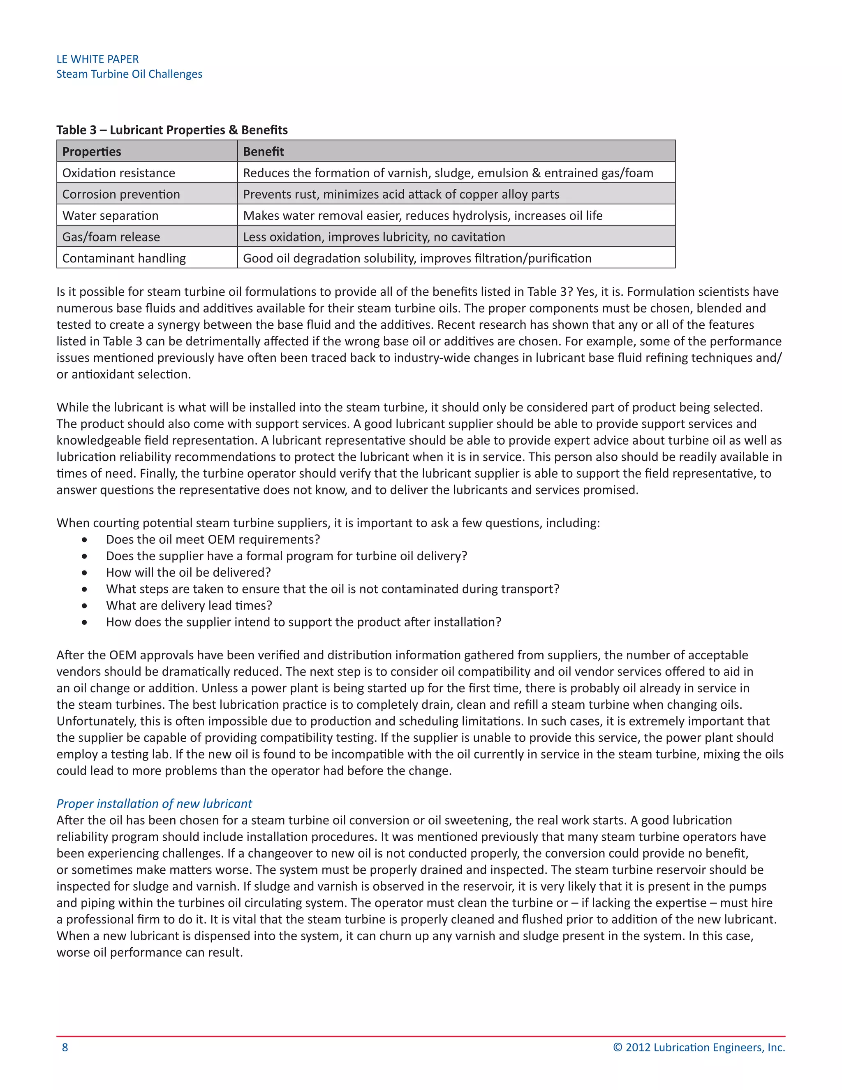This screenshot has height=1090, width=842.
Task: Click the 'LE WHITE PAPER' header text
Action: tap(97, 59)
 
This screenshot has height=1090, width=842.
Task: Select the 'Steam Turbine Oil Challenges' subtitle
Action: tap(129, 74)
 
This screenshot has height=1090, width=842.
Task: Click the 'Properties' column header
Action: tap(92, 151)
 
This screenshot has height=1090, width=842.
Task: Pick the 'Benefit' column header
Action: tap(264, 151)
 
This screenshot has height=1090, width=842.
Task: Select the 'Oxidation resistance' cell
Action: tap(119, 173)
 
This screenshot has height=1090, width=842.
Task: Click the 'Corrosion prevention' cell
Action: tap(121, 194)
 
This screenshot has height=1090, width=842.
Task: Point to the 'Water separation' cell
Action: tap(110, 216)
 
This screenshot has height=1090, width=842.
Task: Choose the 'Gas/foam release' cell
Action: tap(111, 237)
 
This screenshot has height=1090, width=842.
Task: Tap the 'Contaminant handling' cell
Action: tap(124, 258)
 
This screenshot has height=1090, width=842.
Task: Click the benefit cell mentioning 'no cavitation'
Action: tap(374, 237)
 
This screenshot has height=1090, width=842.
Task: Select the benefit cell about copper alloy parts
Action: tap(401, 194)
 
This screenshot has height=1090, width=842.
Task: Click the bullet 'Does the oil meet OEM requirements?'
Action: tap(213, 540)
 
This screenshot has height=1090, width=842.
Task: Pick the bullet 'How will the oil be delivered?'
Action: tap(188, 573)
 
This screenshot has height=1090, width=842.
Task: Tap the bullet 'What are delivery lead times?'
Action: tap(189, 605)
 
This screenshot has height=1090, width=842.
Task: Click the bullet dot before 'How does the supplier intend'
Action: tap(84, 622)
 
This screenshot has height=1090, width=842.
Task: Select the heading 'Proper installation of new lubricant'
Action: tap(154, 804)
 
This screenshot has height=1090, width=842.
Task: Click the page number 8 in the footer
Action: tap(65, 1048)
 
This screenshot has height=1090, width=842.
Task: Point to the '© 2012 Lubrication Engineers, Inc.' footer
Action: tap(699, 1048)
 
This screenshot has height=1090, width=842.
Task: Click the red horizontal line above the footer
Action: tap(421, 1037)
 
